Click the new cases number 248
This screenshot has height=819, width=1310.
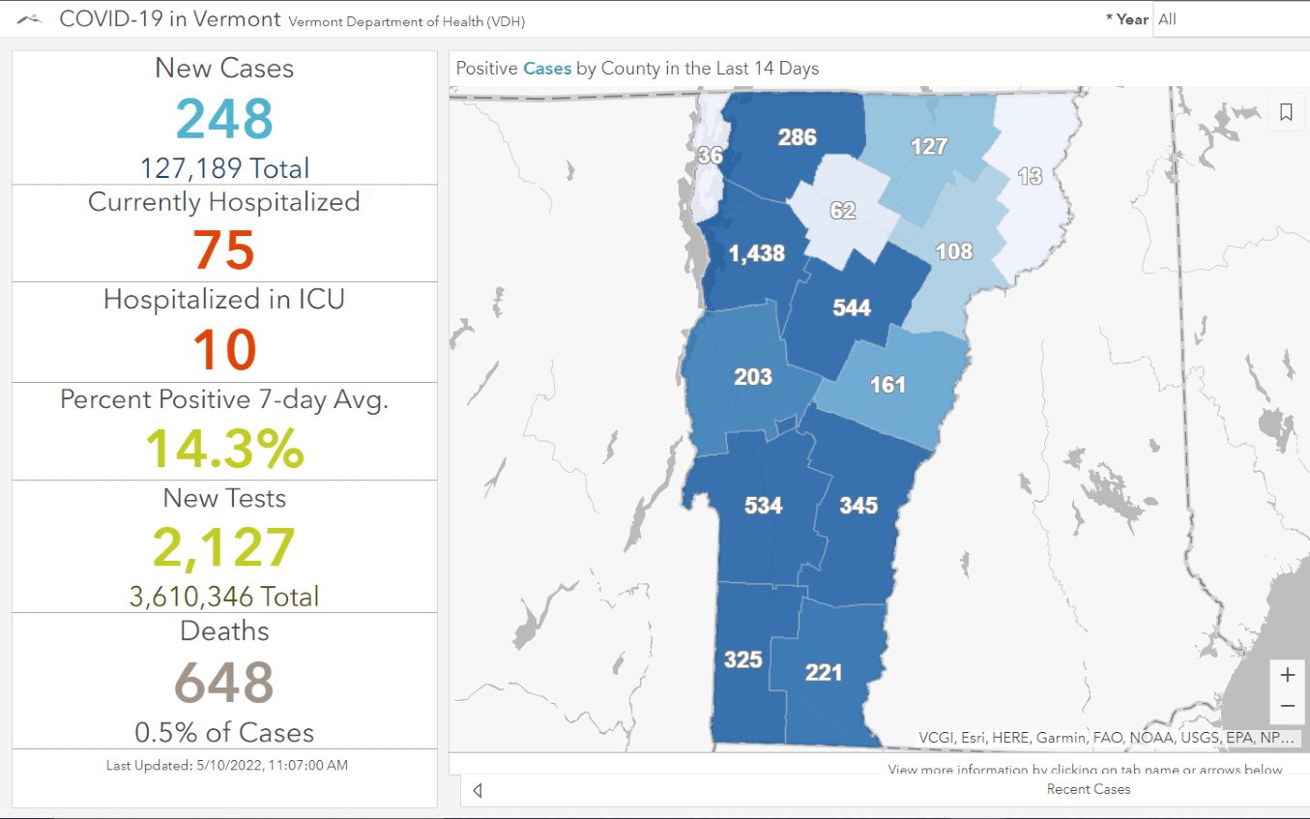[224, 119]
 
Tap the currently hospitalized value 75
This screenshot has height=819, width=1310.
[224, 250]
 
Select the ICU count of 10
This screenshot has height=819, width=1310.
[224, 349]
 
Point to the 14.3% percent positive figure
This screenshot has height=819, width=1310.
[224, 448]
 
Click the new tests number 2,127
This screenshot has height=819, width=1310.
[224, 547]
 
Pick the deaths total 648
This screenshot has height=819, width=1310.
[224, 682]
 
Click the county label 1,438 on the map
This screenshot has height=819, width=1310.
[756, 253]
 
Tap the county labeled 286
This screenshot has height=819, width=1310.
[798, 137]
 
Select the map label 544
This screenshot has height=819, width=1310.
[852, 307]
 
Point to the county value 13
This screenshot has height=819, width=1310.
[1030, 176]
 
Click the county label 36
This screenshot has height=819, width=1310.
[710, 156]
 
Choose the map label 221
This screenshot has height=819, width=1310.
[824, 671]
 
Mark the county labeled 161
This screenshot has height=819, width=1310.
[888, 385]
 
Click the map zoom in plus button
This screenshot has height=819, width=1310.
[1287, 674]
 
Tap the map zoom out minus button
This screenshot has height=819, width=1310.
[1287, 706]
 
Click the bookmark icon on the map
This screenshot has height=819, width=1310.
[1286, 113]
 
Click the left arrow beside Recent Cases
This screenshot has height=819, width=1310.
[478, 791]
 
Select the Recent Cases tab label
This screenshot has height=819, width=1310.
[1088, 789]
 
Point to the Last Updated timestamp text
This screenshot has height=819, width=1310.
[226, 765]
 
